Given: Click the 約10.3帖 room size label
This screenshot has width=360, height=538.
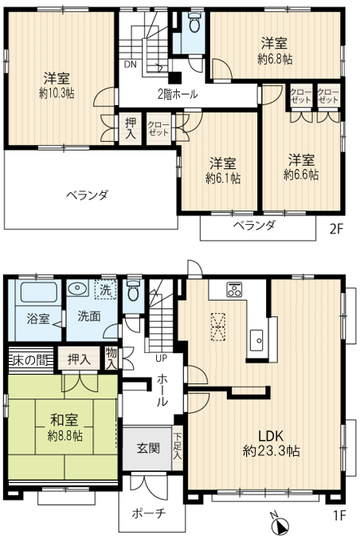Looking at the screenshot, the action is tap(57, 93).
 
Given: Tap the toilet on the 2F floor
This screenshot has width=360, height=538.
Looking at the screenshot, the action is tap(194, 22).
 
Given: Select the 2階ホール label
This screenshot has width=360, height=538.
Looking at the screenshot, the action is tap(178, 94).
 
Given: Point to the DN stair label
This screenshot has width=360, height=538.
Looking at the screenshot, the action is tap(131, 65).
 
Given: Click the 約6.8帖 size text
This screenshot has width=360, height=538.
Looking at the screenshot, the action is tap(275, 59).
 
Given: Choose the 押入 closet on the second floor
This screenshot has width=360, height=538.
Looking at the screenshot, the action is tap(131, 128).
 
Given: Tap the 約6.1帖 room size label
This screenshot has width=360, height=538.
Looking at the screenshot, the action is tap(223, 179).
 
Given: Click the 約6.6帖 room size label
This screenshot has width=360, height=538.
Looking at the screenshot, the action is tap(301, 175).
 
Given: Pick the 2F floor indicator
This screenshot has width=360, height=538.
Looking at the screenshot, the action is tap(337, 229).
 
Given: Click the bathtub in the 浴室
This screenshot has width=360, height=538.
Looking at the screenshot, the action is tap(38, 293).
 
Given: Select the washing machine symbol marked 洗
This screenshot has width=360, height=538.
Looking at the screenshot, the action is tap(105, 290).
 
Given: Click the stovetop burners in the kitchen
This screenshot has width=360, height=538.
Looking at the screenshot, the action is tap(234, 289).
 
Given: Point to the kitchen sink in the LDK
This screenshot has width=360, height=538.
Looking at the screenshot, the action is tap(256, 340).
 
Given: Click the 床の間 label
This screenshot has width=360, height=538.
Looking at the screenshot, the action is tap(30, 360).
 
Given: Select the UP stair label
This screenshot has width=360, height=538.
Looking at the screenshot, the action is tap(161, 359).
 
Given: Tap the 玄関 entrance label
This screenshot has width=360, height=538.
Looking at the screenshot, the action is tap(148, 448).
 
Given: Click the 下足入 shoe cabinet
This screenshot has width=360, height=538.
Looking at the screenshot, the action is tap(178, 448).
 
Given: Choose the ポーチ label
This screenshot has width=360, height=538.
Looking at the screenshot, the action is tap(149, 513).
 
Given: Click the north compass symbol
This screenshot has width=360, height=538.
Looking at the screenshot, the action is tap(280, 524).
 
